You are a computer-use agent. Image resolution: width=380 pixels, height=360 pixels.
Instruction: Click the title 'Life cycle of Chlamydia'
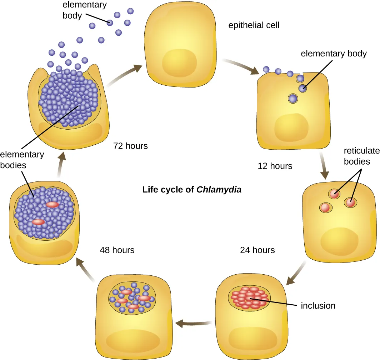192,189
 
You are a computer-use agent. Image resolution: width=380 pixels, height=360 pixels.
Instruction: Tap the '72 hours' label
130,146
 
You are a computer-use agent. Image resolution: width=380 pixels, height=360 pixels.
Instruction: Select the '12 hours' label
275,166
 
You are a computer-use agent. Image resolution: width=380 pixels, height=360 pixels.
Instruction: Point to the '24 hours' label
257,250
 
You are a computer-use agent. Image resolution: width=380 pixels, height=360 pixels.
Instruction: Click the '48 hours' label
117,250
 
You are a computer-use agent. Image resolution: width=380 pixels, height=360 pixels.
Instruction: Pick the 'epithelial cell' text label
254,25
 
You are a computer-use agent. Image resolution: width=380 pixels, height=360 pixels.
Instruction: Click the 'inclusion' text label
318,306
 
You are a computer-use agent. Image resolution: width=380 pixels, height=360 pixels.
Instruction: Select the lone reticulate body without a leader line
325,207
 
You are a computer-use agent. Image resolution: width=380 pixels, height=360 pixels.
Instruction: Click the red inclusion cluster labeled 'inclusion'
249,297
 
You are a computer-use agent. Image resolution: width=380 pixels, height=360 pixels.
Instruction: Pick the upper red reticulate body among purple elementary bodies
52,205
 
